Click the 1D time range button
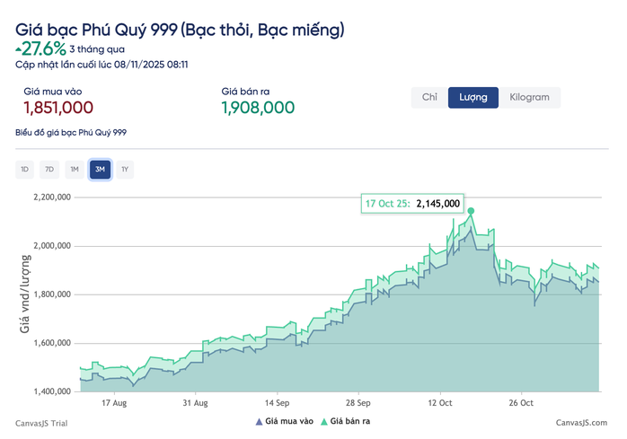[25, 169]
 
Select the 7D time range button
[49, 169]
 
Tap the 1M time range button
[75, 169]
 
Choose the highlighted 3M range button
[100, 169]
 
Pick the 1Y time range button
[125, 169]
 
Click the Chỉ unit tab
[429, 97]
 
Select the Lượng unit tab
[473, 97]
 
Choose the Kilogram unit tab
[529, 97]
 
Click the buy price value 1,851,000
[58, 108]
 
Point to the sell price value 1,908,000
[258, 108]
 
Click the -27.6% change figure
[41, 48]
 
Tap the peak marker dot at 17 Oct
[471, 212]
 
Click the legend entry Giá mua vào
[285, 421]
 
